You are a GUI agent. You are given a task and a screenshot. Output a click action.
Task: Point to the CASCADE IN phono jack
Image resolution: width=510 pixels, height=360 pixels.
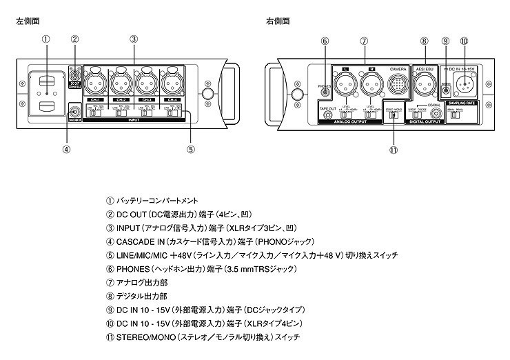(x=74, y=109)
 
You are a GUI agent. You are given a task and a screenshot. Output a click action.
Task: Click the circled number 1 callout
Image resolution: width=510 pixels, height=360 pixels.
(x=45, y=39)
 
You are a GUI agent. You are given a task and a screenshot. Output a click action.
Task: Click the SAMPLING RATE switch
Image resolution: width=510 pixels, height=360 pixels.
(x=454, y=114)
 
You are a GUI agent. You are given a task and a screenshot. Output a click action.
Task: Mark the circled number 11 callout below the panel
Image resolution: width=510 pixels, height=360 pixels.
(x=394, y=150)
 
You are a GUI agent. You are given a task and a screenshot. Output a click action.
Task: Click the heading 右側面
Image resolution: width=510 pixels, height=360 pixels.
(x=278, y=21)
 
